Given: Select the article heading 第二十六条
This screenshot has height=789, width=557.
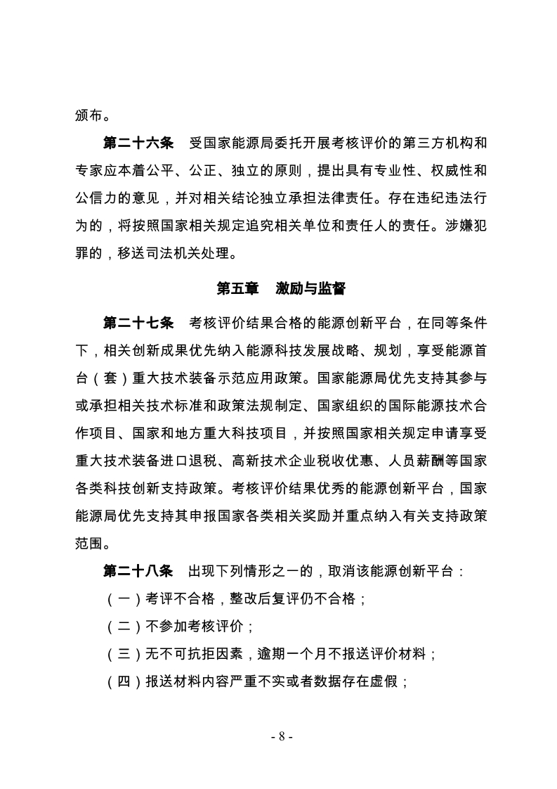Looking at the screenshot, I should pos(138,144).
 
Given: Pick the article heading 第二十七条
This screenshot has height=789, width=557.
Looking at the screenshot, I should pos(138,323).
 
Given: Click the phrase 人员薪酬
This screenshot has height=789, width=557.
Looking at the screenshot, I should pos(418,460).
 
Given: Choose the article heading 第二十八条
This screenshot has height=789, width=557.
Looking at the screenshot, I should pos(138,570).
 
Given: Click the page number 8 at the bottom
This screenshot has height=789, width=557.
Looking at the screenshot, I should pos(280,736).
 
